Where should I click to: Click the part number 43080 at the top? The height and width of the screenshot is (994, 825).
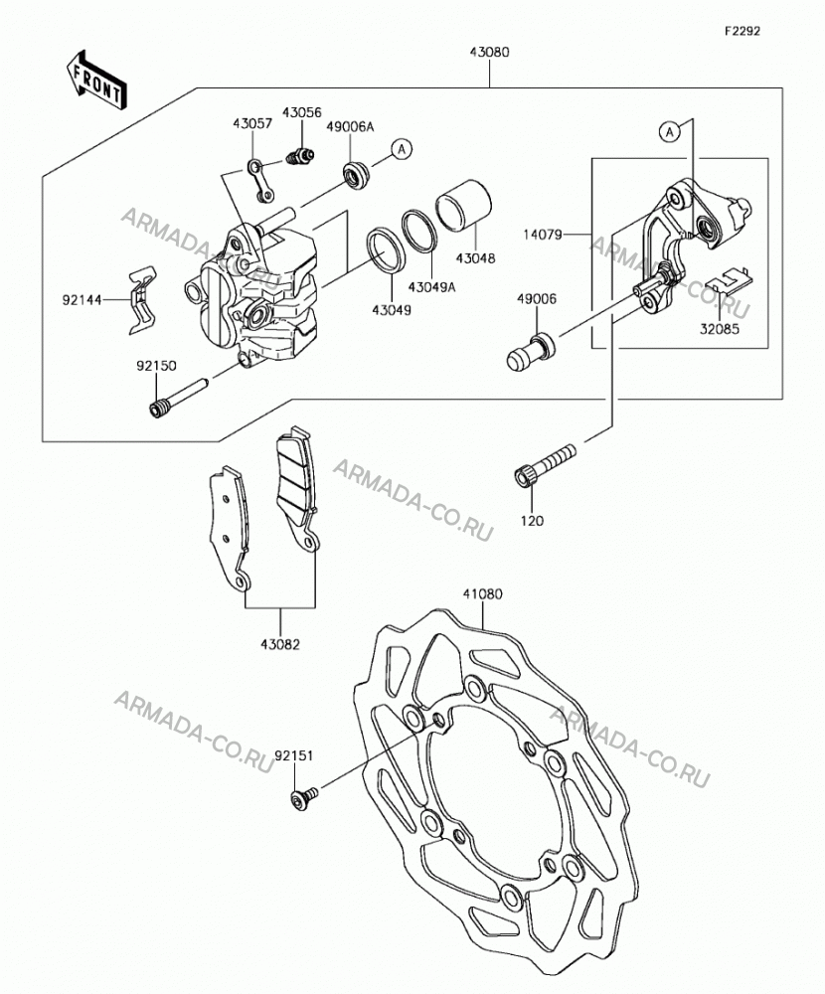489,53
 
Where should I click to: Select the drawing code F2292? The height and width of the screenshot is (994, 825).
742,31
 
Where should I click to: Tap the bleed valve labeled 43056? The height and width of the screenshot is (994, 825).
300,155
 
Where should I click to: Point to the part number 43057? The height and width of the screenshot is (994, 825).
251,123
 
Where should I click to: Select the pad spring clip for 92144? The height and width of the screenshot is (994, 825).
142,298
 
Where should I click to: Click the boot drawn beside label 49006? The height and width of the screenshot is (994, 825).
531,352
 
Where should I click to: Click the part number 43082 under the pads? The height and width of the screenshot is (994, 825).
279,645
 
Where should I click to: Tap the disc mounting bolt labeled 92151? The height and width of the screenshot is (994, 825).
305,798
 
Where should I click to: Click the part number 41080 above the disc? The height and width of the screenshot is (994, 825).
482,594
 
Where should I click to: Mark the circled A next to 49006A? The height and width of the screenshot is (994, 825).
401,150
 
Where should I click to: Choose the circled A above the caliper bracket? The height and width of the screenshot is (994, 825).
670,132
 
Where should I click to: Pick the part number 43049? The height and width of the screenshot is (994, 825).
392,310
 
